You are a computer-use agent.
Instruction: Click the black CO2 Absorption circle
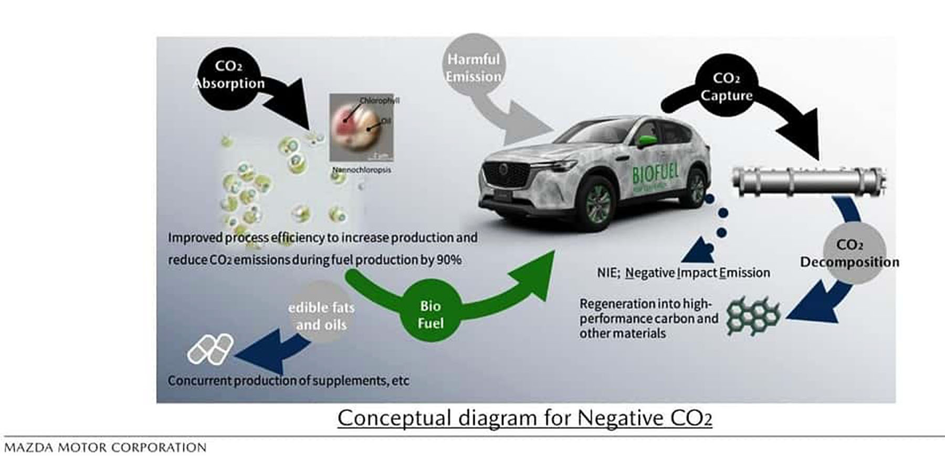coord(229,75)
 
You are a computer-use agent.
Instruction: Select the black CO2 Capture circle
coord(727,87)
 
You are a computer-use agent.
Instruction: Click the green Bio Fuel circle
coord(430,314)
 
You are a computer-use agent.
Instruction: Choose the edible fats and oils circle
coord(321,315)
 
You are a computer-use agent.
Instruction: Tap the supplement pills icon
coord(211,349)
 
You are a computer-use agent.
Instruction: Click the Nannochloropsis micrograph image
coord(361,128)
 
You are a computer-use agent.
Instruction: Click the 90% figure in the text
coord(449,260)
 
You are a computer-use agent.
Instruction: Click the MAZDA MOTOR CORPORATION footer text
coord(105,448)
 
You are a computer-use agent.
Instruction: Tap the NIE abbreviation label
coord(608,273)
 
